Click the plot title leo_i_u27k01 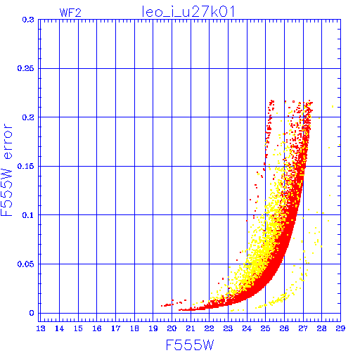tap(188, 12)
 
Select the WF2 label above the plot tap(70, 13)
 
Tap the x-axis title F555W tap(190, 345)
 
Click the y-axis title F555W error tap(6, 170)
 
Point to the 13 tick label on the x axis tap(41, 328)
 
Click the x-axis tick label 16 tap(97, 328)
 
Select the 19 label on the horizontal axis tap(153, 328)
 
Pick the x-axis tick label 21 tap(191, 328)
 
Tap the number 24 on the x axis tap(247, 328)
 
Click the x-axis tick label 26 tap(284, 328)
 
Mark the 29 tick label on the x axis tap(340, 328)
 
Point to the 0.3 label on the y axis tap(28, 20)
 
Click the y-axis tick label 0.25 tap(26, 68)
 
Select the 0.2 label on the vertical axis tap(28, 117)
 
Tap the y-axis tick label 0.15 tap(26, 166)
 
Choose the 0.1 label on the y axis tap(28, 215)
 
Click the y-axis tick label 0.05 tap(26, 264)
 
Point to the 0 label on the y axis tap(32, 313)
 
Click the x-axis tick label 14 tap(59, 328)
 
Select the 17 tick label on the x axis tap(115, 328)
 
